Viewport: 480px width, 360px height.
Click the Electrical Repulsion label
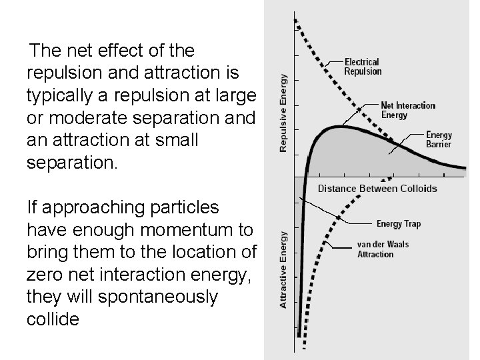(363, 67)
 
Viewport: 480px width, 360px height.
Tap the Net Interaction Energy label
(408, 110)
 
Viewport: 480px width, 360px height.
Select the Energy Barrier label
(439, 139)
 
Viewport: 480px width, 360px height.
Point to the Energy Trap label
(399, 224)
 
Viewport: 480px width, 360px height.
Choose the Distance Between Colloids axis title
(377, 189)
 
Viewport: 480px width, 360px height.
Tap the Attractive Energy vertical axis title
(285, 269)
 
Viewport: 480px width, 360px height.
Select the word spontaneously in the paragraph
(157, 297)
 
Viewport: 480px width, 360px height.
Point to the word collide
(53, 319)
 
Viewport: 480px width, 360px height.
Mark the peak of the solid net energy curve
(340, 127)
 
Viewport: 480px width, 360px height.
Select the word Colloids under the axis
(418, 189)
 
